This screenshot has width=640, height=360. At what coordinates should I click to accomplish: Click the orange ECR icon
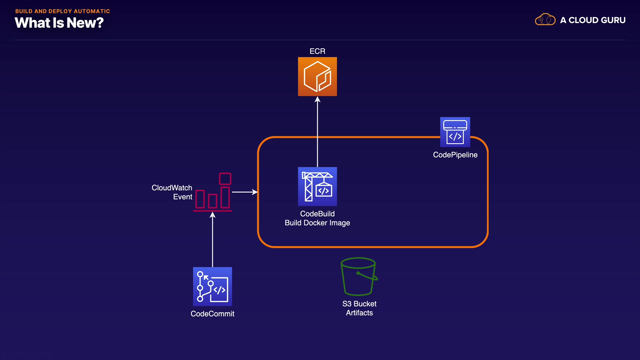(317, 77)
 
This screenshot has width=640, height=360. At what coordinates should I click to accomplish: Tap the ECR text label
(317, 51)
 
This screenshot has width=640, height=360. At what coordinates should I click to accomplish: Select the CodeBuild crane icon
(317, 186)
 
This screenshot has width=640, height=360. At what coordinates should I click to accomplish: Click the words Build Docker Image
(317, 223)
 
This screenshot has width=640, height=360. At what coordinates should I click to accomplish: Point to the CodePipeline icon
(455, 132)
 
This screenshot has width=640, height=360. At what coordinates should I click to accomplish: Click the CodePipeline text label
(455, 155)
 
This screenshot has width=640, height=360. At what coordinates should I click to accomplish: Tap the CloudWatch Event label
(172, 192)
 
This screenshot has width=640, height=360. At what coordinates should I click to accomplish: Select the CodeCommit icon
(212, 287)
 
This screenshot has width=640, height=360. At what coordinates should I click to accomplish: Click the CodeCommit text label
(212, 314)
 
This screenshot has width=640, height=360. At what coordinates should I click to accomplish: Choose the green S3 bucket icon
(359, 276)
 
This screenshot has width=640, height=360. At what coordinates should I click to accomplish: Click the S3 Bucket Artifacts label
(359, 308)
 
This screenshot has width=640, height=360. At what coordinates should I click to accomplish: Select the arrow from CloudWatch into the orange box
(245, 192)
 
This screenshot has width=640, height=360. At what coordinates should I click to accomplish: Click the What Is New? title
(59, 23)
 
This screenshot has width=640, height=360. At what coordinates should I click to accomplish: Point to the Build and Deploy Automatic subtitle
(63, 11)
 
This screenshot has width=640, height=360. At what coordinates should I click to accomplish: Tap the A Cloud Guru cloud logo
(545, 20)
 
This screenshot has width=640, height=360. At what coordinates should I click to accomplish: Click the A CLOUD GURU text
(593, 20)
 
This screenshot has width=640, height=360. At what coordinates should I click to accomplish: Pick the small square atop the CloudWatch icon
(225, 179)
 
